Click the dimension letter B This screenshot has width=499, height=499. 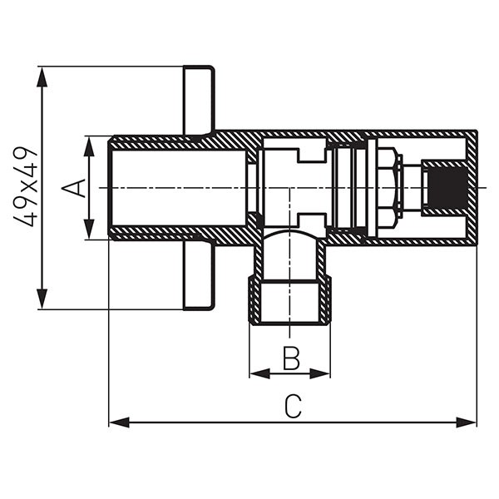pyautogui.click(x=290, y=358)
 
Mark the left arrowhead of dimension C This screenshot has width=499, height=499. pyautogui.click(x=117, y=422)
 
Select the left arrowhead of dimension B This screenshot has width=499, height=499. pyautogui.click(x=257, y=373)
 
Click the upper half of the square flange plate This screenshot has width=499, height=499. pyautogui.click(x=199, y=100)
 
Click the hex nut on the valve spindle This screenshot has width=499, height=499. pyautogui.click(x=387, y=188)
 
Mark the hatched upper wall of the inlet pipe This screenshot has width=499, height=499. pyautogui.click(x=175, y=141)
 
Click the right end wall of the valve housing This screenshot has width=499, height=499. pyautogui.click(x=472, y=188)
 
